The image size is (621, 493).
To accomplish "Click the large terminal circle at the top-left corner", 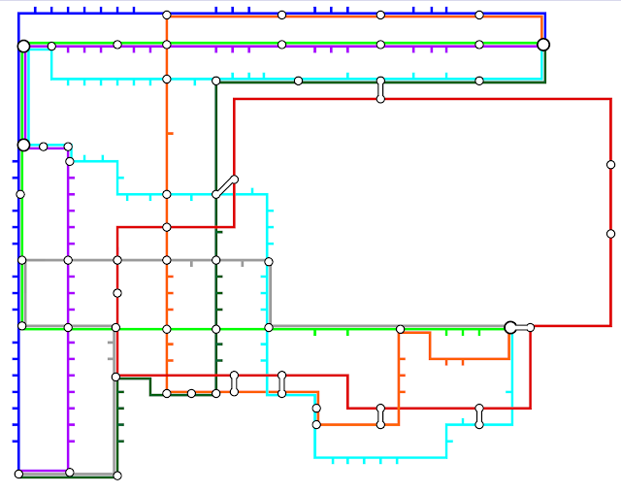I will click(23, 46).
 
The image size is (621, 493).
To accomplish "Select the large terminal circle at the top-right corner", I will click(543, 45).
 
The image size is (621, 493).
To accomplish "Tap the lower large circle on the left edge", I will click(23, 145).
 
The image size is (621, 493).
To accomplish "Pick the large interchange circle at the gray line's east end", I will click(510, 327).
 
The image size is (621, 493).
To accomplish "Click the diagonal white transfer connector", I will click(225, 186).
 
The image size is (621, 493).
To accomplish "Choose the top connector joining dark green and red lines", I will click(380, 89).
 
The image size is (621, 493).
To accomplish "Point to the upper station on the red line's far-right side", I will click(610, 165).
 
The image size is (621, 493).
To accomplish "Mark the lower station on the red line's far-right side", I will click(610, 233).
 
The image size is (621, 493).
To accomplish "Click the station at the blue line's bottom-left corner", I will click(18, 474).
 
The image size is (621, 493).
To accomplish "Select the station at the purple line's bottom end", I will click(69, 472).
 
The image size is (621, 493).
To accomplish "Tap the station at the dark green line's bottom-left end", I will click(117, 476).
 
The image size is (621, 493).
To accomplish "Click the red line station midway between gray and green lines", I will click(117, 292).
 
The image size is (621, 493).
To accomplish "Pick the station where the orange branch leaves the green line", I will click(400, 329).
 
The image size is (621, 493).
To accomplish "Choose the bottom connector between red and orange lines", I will click(380, 416).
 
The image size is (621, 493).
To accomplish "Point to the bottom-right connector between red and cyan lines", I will click(479, 416).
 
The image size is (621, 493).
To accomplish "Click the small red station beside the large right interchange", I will click(530, 327).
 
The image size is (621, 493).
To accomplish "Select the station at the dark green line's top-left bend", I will click(215, 81).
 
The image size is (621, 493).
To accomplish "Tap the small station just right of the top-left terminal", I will click(51, 46).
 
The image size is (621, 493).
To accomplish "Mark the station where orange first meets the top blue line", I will click(167, 15).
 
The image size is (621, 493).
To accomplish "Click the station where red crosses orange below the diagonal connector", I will click(167, 227).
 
